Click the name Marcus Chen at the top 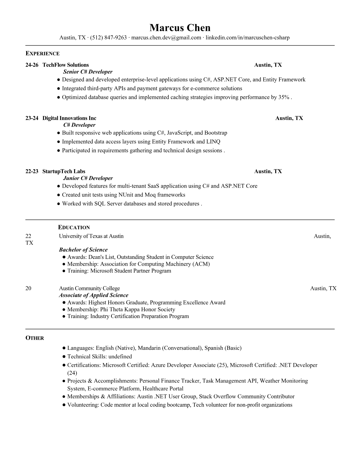180,28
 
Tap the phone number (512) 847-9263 108,38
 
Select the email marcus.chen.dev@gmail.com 166,38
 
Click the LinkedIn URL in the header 247,38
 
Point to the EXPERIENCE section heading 42,54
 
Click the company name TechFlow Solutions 66,65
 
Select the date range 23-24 32,118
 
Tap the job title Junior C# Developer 88,178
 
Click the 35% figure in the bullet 284,97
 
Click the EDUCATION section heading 74,227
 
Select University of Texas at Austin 91,236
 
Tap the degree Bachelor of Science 83,250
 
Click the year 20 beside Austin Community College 28,288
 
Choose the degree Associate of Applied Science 94,295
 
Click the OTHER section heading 35,338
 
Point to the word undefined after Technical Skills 120,357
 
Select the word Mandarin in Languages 149,348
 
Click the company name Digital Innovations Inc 69,118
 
